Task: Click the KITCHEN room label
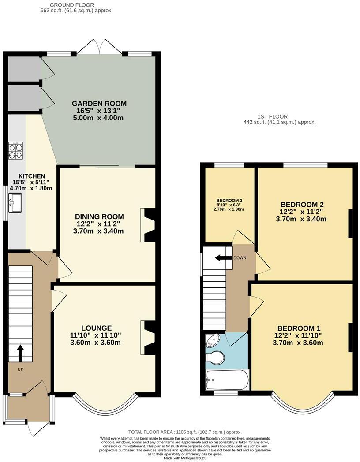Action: click(29, 176)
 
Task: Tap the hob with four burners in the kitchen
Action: click(15, 150)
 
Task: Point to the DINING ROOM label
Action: click(99, 216)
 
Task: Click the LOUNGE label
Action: click(96, 328)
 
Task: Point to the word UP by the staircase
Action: click(20, 369)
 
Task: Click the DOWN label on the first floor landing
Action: click(240, 258)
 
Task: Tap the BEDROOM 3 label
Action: click(229, 201)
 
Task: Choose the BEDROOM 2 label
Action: click(302, 205)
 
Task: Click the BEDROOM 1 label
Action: click(299, 328)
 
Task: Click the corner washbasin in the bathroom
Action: click(213, 341)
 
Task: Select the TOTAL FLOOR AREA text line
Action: click(185, 432)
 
